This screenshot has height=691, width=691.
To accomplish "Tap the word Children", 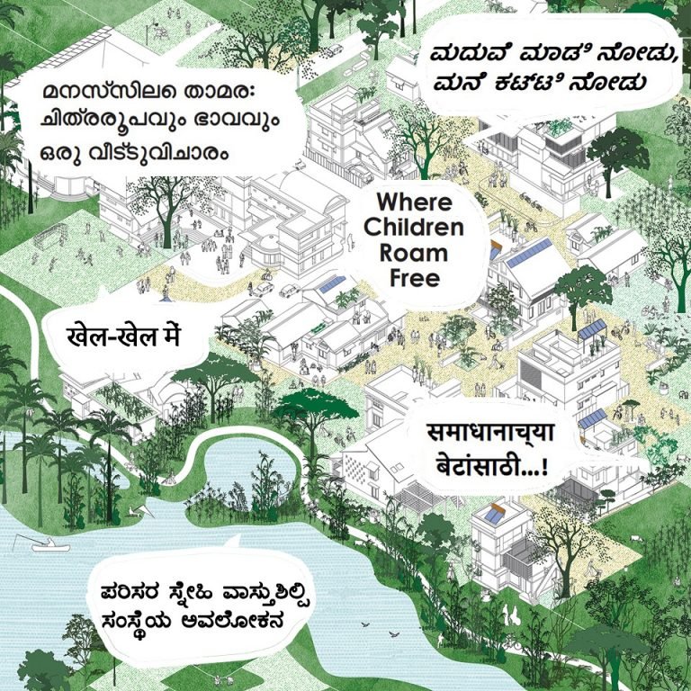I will pyautogui.click(x=414, y=227).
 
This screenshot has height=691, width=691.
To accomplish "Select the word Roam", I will pyautogui.click(x=414, y=253).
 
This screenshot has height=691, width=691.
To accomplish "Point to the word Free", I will pyautogui.click(x=414, y=278).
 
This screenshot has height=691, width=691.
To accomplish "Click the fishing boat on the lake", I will pyautogui.click(x=48, y=546).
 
